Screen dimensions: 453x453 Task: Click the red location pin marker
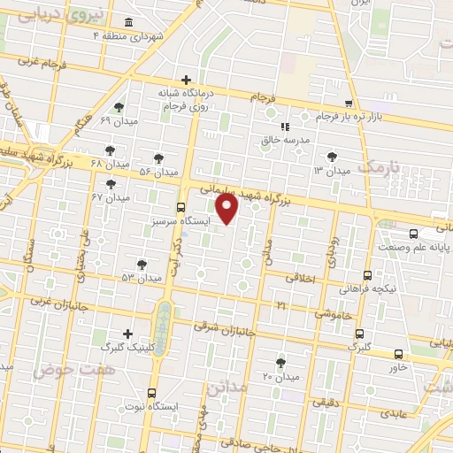pos(228,208)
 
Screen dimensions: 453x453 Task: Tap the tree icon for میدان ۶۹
pos(119,107)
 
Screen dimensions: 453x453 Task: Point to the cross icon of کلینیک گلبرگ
pos(129,334)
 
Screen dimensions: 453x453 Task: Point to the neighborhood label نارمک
pos(381,166)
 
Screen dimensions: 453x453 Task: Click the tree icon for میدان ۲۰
pos(280,363)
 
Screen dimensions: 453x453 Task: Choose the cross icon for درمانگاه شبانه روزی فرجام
pos(185,79)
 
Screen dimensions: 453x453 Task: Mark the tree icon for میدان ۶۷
pos(111,184)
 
